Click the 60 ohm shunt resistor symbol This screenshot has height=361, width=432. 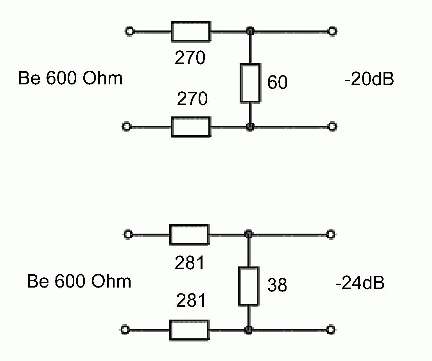[x=250, y=83]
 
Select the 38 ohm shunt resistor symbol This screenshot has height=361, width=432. [x=248, y=286]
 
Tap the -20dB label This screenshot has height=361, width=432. [x=369, y=80]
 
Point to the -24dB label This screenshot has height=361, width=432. [x=360, y=283]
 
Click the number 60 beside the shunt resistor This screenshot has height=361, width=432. [x=278, y=82]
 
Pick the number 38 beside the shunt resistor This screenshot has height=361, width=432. [x=277, y=286]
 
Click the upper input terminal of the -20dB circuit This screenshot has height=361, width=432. [x=129, y=31]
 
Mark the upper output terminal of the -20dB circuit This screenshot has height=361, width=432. [x=332, y=31]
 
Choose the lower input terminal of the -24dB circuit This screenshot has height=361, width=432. [x=125, y=330]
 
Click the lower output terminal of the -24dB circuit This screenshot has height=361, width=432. [x=331, y=330]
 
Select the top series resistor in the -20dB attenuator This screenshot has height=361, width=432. [x=191, y=31]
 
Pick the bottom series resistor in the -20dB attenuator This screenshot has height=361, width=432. [x=191, y=127]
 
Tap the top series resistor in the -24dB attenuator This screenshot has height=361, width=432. [x=189, y=234]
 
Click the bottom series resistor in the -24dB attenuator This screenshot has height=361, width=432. [x=189, y=330]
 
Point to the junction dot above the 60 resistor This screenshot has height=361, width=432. [x=250, y=31]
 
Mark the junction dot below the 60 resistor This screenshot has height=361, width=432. [x=250, y=127]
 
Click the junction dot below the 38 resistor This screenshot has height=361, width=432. [x=248, y=330]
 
